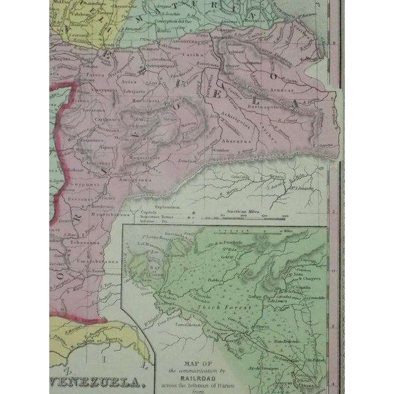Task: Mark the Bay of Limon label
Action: tap(154, 265)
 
